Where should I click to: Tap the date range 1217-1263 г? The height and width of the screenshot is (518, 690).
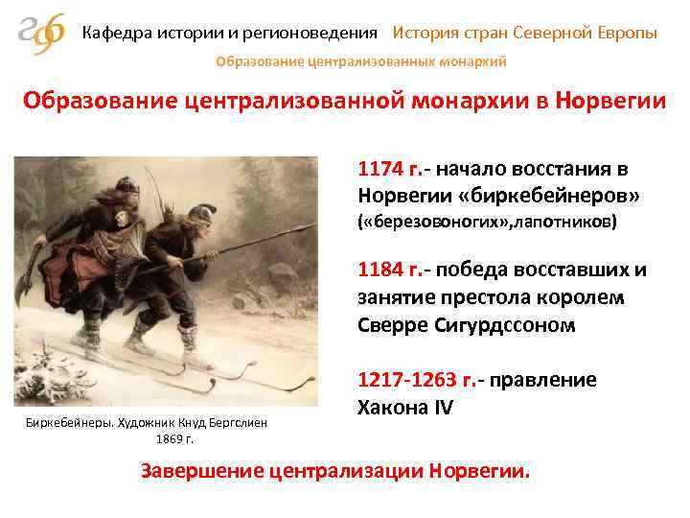pos(415,380)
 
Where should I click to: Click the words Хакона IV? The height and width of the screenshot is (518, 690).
pos(403,407)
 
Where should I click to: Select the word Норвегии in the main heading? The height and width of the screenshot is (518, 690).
pos(605,102)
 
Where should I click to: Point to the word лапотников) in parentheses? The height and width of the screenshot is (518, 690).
pos(565,223)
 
